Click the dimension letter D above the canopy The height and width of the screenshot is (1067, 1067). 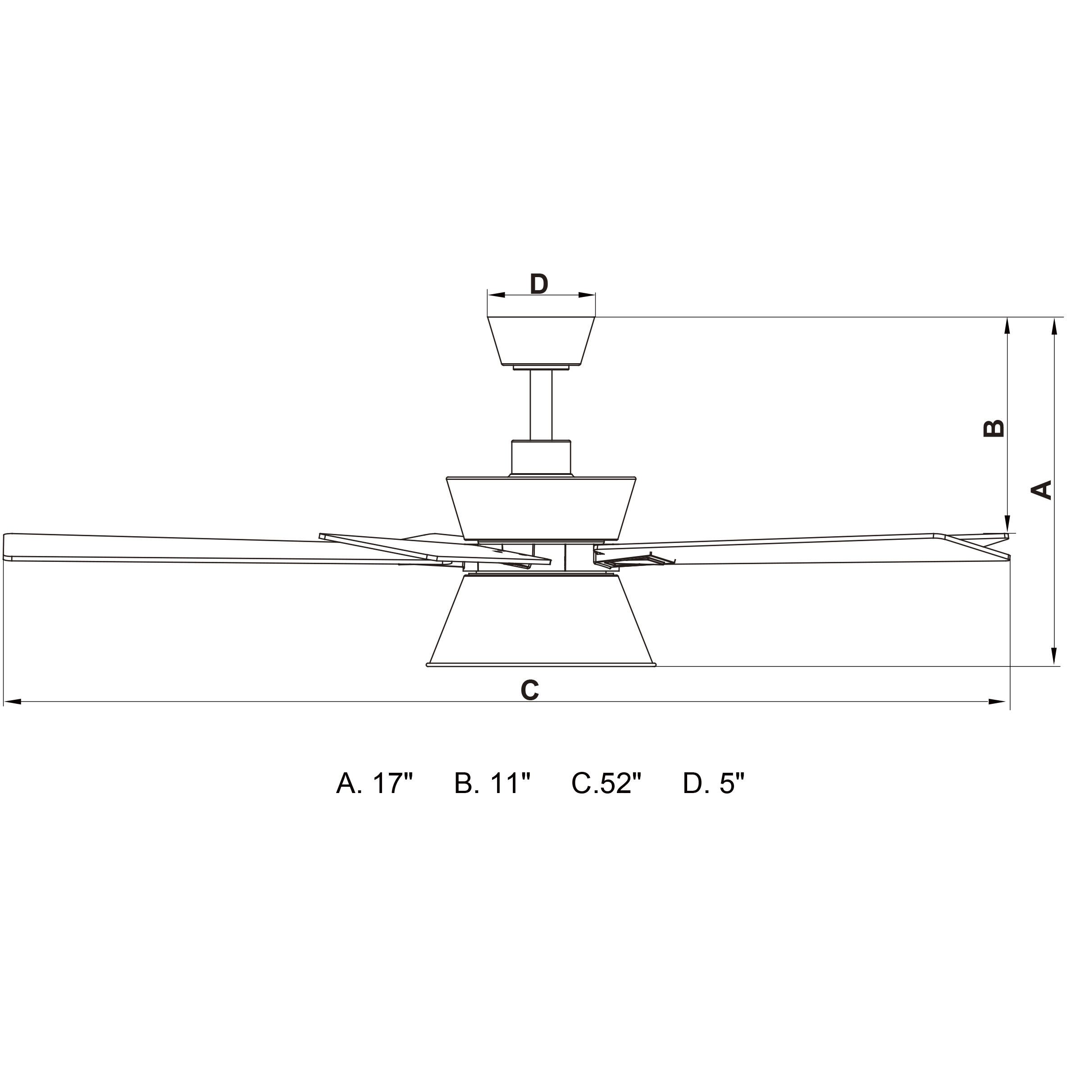coord(538,284)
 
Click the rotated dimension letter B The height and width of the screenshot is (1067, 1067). coord(994,428)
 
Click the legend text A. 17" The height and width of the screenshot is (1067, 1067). coord(374,783)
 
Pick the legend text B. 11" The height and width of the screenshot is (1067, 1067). coord(492,783)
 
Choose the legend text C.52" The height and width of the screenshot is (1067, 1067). coord(606,783)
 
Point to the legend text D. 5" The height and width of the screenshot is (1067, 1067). coord(714,783)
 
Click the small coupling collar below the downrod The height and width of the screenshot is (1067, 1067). coord(541,458)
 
